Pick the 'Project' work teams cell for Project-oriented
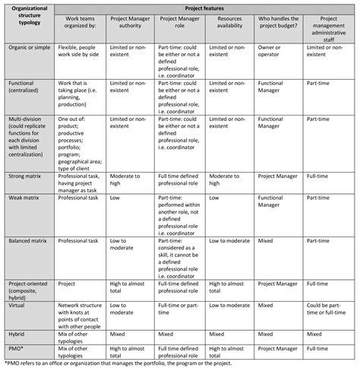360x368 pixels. coord(69,284)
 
